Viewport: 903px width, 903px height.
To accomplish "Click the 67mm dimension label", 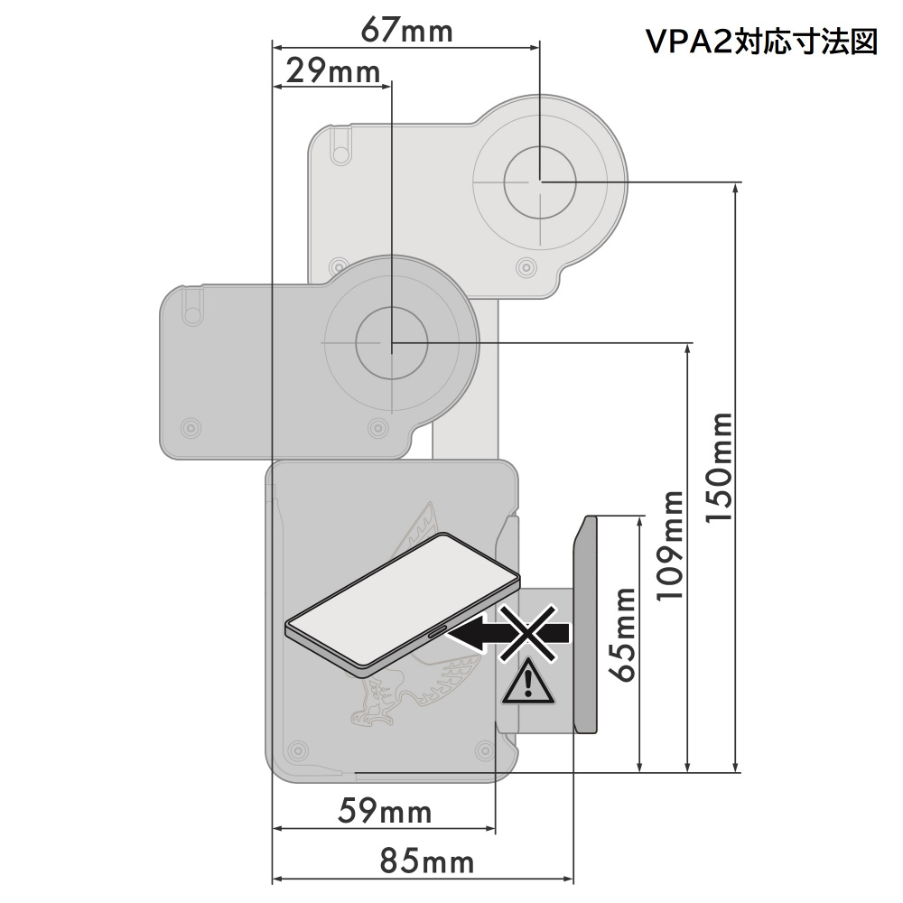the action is [406, 30].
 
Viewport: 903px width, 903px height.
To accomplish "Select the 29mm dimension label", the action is [333, 71].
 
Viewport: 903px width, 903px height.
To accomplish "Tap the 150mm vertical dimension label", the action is [720, 468].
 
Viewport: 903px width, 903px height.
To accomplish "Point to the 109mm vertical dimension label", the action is [670, 546].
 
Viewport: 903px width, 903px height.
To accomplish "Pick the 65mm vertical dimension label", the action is [623, 635].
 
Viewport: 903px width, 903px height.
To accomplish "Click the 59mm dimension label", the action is [385, 811].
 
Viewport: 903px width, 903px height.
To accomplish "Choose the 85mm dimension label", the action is [427, 861].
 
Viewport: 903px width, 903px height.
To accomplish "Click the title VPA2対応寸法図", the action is [761, 42].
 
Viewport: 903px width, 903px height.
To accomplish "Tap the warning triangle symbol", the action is [528, 684].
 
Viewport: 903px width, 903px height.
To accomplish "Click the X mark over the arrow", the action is [527, 632].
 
